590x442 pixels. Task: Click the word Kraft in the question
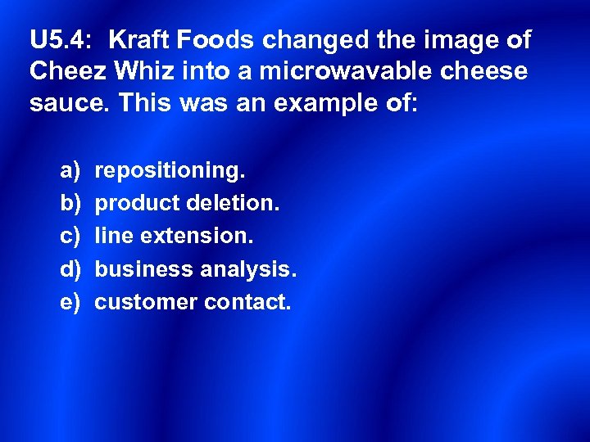pyautogui.click(x=140, y=39)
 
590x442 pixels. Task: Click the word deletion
pyautogui.click(x=234, y=204)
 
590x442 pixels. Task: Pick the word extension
pyautogui.click(x=197, y=237)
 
